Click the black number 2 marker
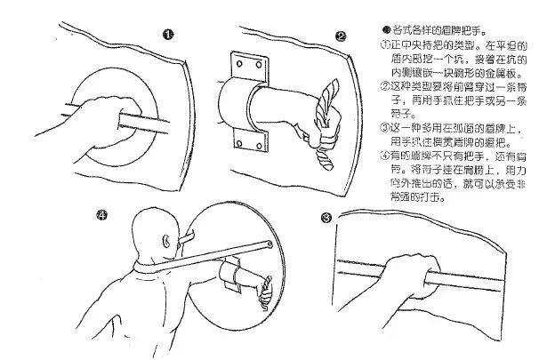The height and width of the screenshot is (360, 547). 341,36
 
